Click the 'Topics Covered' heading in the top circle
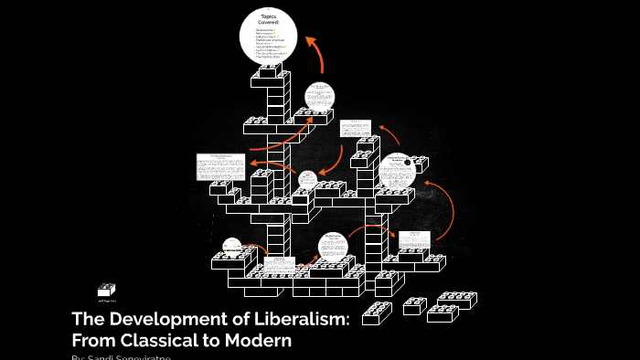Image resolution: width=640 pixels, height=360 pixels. click(268, 21)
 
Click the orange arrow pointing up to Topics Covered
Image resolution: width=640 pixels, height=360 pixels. click(315, 55)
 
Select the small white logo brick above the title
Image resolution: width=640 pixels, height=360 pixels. click(107, 290)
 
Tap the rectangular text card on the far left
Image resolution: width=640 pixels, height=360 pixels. click(220, 166)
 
